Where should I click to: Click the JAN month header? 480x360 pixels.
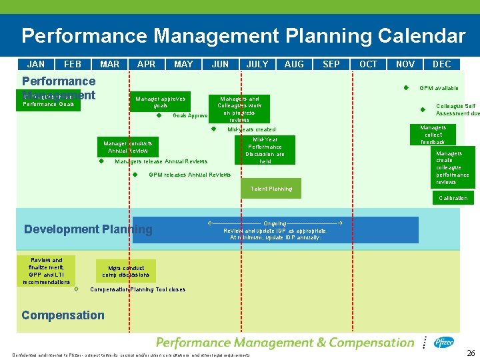pos(36,64)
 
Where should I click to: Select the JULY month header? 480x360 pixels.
pos(257,64)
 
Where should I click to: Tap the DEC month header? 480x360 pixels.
pos(442,64)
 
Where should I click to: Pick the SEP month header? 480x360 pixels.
pos(331,64)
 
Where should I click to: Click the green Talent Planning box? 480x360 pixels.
pos(271,189)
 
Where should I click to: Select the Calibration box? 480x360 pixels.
pos(453,198)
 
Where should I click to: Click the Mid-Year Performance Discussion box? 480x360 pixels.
pos(265,150)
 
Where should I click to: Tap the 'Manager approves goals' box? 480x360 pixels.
pos(160,102)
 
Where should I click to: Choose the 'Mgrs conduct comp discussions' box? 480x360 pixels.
pos(126,271)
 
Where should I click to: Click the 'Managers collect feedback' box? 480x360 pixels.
pos(433,135)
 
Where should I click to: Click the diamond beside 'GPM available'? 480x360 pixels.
pos(405,88)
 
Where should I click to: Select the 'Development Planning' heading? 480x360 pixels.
pos(88,229)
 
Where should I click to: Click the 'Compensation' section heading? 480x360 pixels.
pos(63,315)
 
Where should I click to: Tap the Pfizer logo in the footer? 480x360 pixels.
pos(443,343)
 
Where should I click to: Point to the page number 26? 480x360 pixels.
pos(471,353)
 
